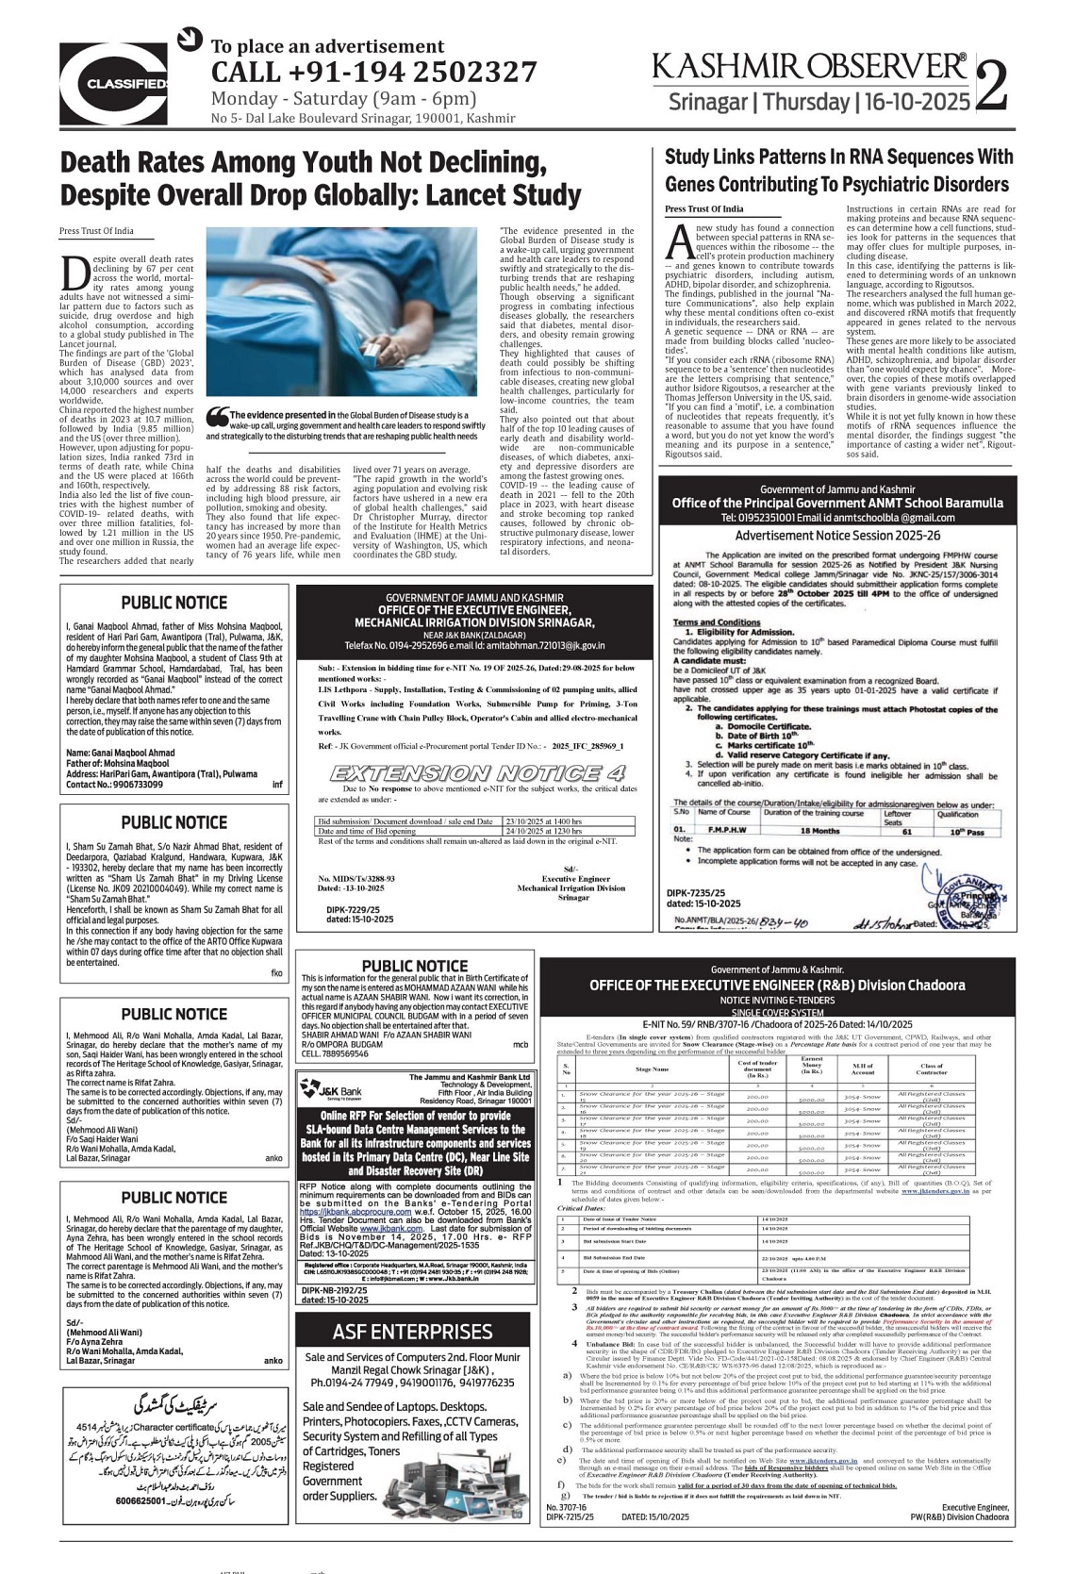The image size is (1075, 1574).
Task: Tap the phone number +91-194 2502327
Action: (x=373, y=72)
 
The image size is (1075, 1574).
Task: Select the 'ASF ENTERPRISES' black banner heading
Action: (x=412, y=1332)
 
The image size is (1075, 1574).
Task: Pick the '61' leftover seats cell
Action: (x=907, y=832)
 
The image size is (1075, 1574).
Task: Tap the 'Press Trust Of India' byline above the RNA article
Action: (x=703, y=208)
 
